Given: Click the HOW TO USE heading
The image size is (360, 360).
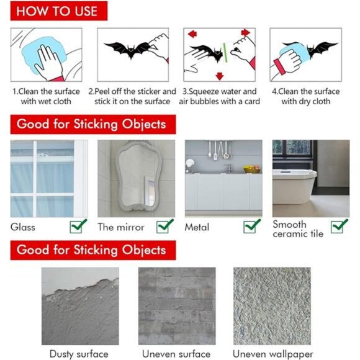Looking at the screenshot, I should tap(57, 11).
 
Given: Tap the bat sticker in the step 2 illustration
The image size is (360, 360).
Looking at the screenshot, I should tap(127, 49).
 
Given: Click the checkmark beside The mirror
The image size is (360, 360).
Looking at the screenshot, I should tap(166, 227).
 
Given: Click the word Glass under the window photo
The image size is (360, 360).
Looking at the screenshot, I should tap(23, 227).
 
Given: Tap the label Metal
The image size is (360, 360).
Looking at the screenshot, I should tap(197, 227).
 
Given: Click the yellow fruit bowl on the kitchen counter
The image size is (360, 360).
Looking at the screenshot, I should tap(252, 169).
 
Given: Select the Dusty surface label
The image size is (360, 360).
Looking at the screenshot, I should tap(79, 354).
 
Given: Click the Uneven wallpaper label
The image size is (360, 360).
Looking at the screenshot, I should tap(271, 354).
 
